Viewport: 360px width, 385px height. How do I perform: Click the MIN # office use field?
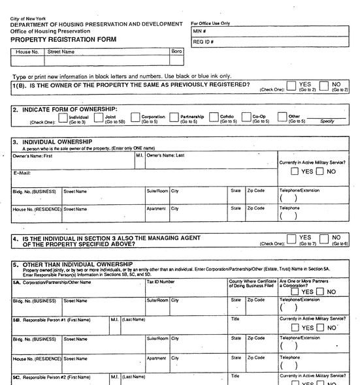[x=274, y=31]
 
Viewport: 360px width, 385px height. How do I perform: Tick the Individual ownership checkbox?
[x=63, y=118]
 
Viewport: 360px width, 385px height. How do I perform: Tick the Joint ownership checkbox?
[x=99, y=118]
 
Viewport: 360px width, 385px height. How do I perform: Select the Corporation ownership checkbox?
[x=135, y=118]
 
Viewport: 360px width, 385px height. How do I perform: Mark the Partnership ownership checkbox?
[x=174, y=118]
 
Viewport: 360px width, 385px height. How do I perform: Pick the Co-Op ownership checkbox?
[x=246, y=118]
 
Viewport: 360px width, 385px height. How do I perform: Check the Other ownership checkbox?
[x=282, y=118]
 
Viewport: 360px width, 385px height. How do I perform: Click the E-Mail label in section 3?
[x=23, y=173]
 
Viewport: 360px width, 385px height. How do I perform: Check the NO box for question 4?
[x=325, y=239]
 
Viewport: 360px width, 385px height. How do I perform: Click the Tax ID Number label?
[x=161, y=282]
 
